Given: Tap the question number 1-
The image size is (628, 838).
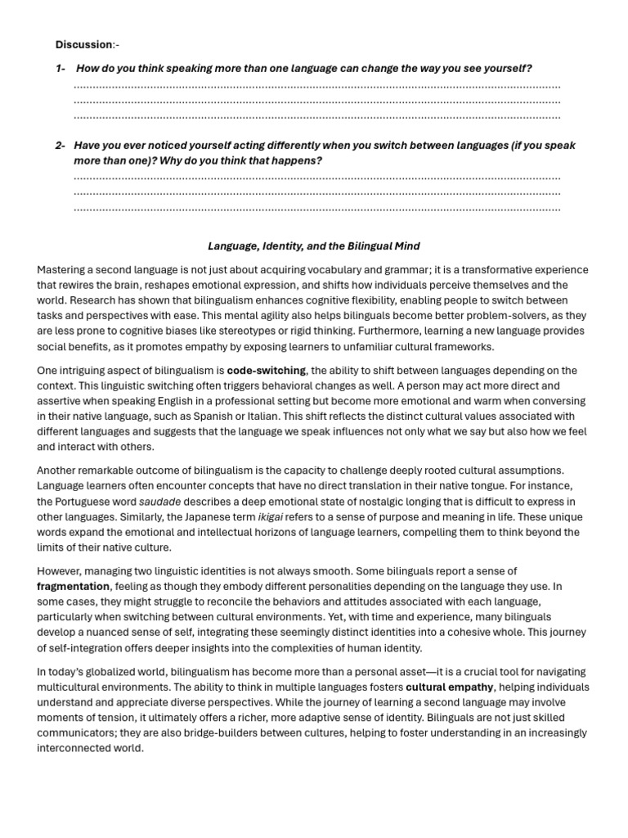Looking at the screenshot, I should point(61,68).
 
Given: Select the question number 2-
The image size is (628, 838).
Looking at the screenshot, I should point(61,146).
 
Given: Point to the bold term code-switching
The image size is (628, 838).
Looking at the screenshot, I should point(267,370).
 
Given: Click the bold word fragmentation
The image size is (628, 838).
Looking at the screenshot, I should point(73,586).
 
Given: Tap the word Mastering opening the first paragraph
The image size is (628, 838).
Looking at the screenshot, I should point(63,269).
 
